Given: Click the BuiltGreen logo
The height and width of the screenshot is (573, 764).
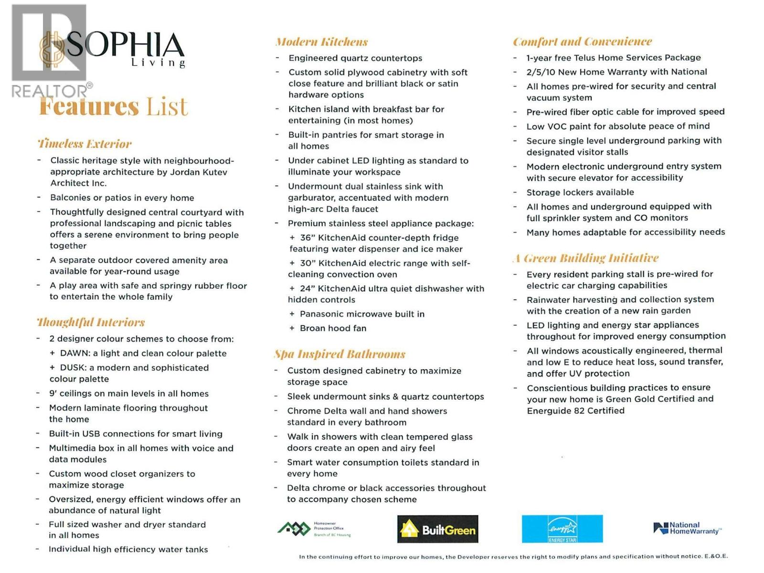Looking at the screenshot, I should [x=437, y=529].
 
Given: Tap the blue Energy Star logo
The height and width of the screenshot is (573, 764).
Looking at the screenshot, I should [x=562, y=529].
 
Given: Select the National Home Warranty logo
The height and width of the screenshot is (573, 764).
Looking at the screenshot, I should [x=687, y=528].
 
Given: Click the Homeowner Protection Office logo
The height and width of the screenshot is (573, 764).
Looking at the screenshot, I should [x=314, y=529].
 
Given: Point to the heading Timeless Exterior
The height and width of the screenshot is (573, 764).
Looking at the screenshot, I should [x=85, y=144].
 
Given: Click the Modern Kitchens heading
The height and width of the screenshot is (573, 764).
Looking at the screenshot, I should [x=321, y=42].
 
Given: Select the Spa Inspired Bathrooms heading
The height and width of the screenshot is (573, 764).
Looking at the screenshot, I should [x=340, y=354].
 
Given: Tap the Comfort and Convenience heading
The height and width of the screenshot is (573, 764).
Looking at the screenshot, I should [x=582, y=42].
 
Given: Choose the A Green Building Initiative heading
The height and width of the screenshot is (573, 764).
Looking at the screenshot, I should [x=585, y=258].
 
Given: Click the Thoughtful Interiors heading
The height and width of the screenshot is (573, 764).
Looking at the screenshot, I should [x=91, y=322].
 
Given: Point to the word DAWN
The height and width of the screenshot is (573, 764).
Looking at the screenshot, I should [x=75, y=353].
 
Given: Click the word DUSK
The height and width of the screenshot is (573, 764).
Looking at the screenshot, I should [x=73, y=368].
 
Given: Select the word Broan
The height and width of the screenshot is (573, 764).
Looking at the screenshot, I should [x=313, y=329].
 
